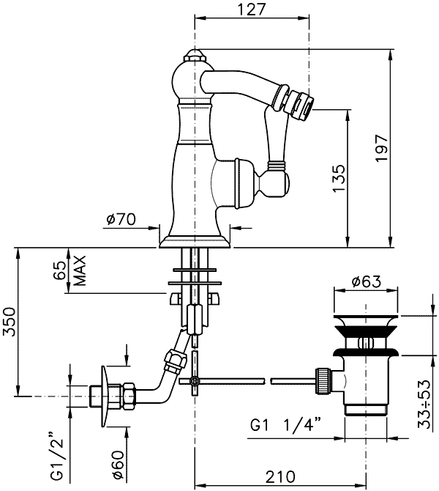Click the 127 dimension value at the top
click(x=252, y=10)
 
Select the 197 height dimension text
click(x=382, y=148)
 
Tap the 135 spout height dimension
click(x=339, y=179)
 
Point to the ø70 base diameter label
click(x=121, y=219)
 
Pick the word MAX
click(x=80, y=270)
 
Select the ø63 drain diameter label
click(x=367, y=281)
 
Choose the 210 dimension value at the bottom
click(x=280, y=477)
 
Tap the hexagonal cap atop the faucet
click(x=195, y=56)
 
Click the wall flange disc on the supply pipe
click(x=105, y=396)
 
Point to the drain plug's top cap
click(x=366, y=321)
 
